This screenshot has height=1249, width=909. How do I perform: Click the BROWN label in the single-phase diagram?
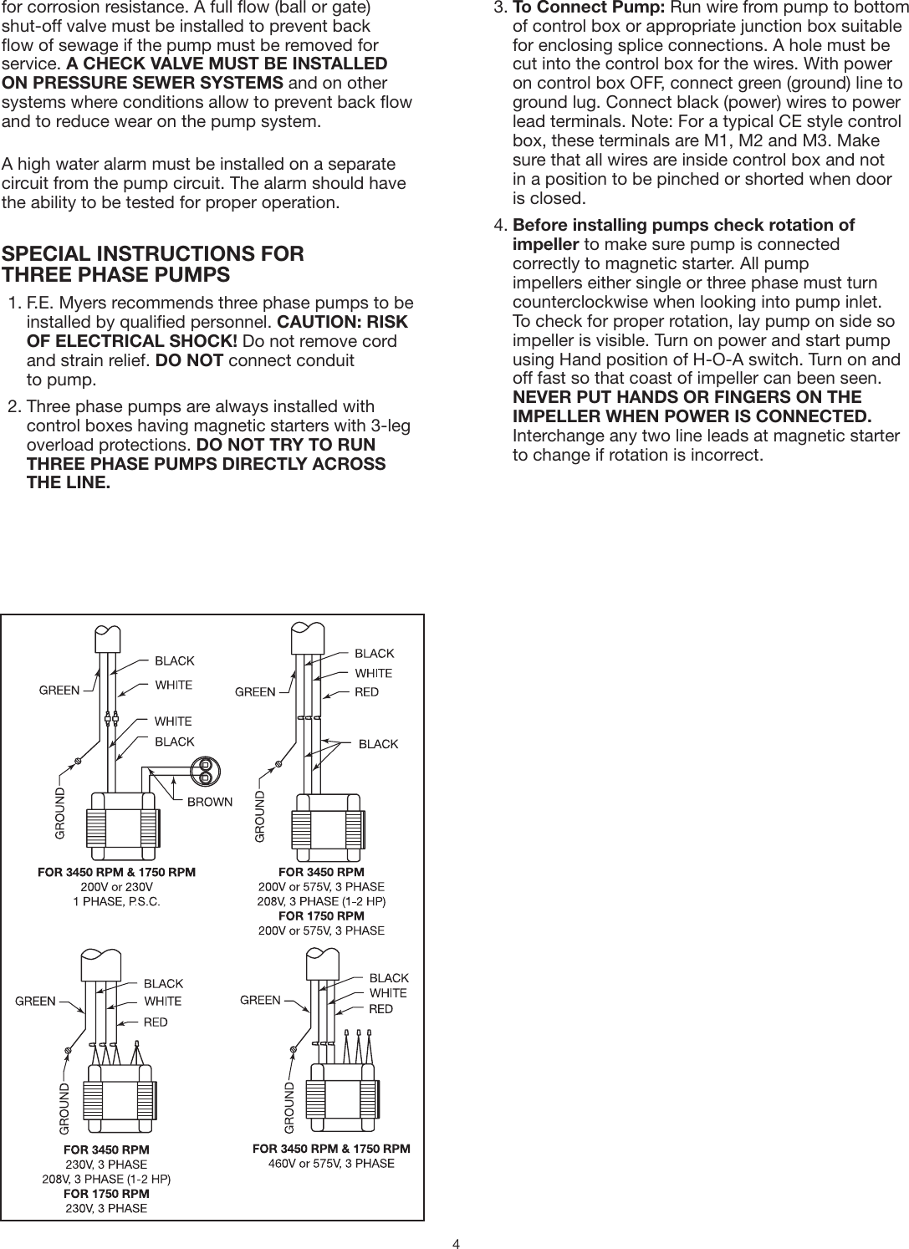[209, 802]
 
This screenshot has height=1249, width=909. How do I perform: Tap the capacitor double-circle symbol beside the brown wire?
[205, 770]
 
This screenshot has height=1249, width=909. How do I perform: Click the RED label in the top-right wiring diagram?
[367, 691]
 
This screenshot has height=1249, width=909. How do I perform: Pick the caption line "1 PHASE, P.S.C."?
[117, 900]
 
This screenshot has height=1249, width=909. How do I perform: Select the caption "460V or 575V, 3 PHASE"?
[331, 1163]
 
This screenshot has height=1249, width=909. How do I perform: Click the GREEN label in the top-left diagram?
[60, 691]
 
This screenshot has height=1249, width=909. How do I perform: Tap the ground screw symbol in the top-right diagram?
[278, 762]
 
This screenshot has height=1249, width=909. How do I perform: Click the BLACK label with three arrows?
[378, 743]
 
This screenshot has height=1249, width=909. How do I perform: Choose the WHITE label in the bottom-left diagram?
[163, 1001]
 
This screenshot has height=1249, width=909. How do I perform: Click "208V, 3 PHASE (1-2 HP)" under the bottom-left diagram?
[106, 1179]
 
